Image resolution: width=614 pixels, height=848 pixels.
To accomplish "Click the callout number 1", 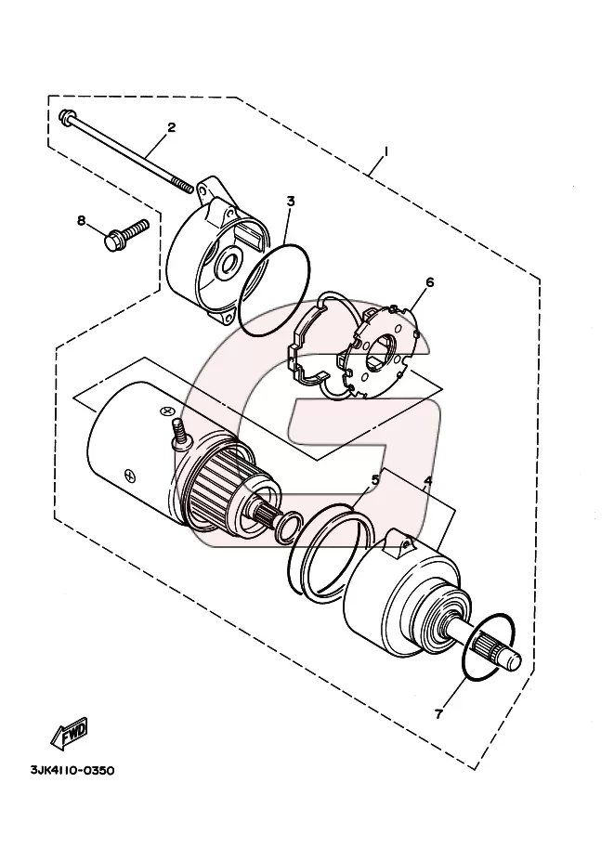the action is point(386,151).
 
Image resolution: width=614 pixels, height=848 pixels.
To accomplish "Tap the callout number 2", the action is point(172,127).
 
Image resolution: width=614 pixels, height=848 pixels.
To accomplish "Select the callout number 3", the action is point(291,202).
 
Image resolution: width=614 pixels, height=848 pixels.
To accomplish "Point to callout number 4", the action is point(428,480).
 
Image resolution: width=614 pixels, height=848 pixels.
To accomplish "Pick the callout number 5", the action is point(374,479).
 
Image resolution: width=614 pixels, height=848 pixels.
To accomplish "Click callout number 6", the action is point(430,281).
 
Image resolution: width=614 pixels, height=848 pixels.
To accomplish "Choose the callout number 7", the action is point(438,714).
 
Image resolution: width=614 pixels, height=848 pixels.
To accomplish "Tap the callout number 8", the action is point(81,220).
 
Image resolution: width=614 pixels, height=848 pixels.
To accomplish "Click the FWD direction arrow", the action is point(70,736).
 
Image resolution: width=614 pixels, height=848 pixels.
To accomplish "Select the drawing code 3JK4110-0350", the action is point(72,770).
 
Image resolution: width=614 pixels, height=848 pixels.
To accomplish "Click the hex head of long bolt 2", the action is point(65,115).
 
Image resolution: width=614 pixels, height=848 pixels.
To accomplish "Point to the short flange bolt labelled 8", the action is point(125,234).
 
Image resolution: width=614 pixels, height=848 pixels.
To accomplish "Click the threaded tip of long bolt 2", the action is point(186,187).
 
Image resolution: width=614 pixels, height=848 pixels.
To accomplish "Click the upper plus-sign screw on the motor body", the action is point(166,411).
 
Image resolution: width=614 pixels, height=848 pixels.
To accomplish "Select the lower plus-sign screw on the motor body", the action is point(129,475).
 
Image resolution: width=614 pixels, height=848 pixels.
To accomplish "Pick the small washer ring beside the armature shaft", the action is point(288,527).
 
